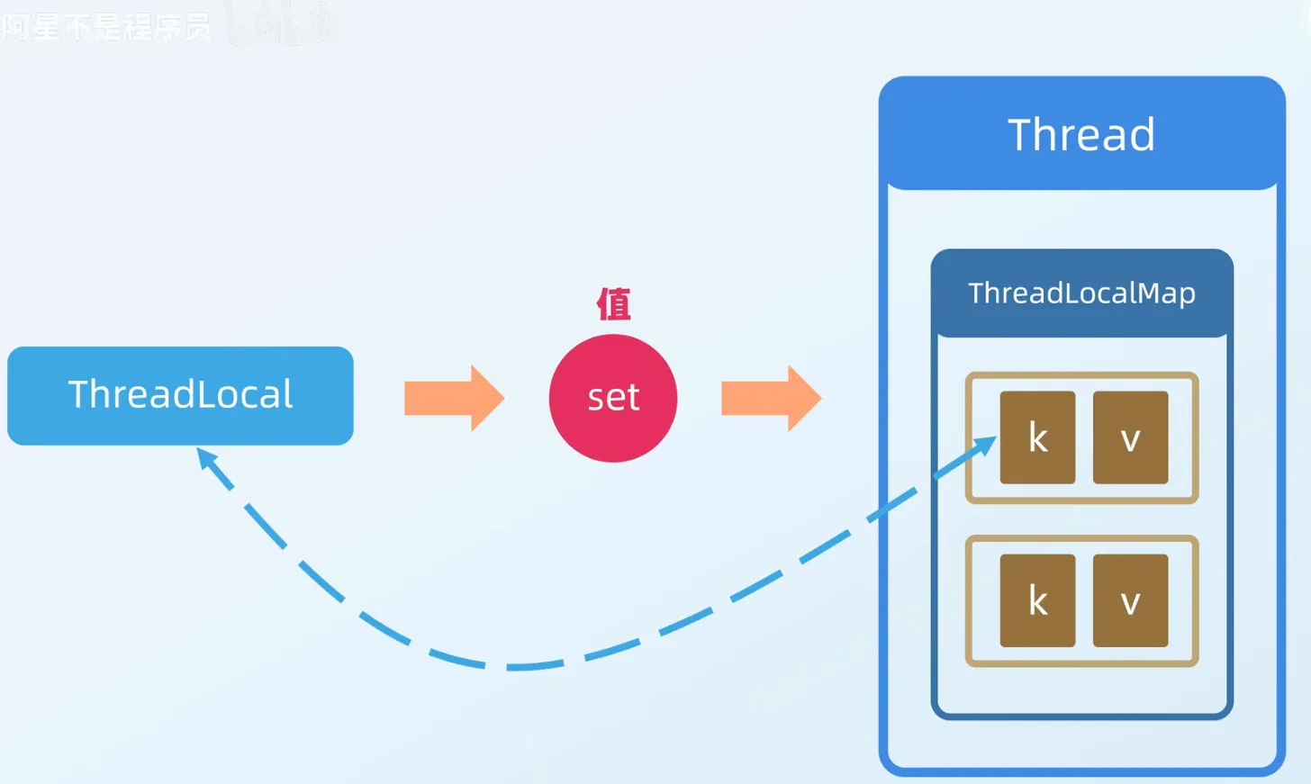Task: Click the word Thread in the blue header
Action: [x=1080, y=135]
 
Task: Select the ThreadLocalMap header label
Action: [x=1081, y=293]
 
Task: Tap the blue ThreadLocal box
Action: [x=180, y=395]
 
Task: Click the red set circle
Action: [x=613, y=398]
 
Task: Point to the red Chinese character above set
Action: [x=613, y=304]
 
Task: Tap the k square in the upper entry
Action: [x=1037, y=437]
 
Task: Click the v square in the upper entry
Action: [x=1130, y=437]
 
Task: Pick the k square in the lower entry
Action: [x=1037, y=600]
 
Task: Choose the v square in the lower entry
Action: [x=1130, y=600]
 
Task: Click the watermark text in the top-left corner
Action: [x=106, y=27]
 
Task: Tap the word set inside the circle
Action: [x=613, y=398]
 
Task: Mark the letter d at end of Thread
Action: [x=1141, y=135]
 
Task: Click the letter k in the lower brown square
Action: [x=1037, y=600]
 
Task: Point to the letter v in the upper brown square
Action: [x=1130, y=440]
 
